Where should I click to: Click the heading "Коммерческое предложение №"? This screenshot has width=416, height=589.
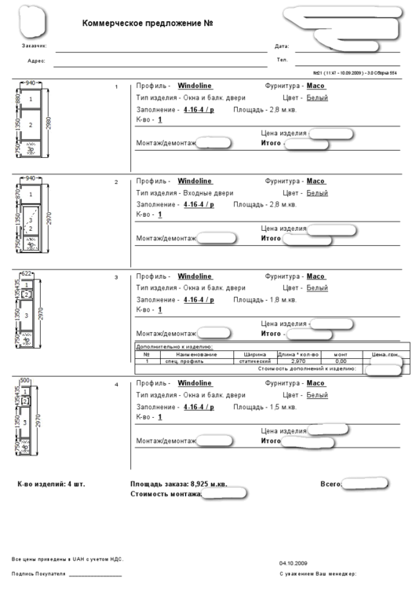(x=148, y=24)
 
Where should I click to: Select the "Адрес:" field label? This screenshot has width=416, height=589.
(x=36, y=60)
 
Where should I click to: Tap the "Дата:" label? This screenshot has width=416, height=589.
(x=282, y=46)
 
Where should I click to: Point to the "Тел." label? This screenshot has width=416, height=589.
(x=282, y=60)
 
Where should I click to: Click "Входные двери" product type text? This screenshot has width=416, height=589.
(x=206, y=192)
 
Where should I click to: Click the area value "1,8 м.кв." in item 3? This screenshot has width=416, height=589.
(x=280, y=299)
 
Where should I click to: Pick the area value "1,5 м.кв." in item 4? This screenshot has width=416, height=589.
(x=280, y=407)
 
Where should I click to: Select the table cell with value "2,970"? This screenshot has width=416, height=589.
(x=298, y=361)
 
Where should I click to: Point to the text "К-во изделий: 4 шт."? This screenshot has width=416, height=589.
(x=51, y=484)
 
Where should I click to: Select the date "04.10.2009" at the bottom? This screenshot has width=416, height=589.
(x=293, y=563)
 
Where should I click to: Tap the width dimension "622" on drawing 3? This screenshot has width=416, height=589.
(x=27, y=273)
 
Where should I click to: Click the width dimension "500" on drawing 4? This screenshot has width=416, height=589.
(x=24, y=381)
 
